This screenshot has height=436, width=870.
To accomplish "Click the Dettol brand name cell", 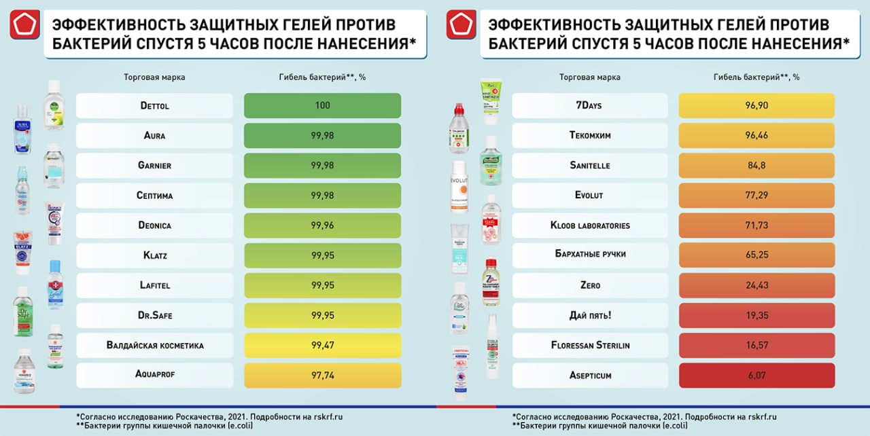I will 154,106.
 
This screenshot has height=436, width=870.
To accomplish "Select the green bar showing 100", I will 322,106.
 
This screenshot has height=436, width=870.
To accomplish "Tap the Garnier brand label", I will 154,166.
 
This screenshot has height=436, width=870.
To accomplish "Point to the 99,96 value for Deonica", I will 322,225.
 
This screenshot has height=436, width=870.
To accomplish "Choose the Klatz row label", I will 154,255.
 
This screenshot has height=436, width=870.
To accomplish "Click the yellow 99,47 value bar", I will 322,345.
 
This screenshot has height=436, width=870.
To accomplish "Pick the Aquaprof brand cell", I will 154,375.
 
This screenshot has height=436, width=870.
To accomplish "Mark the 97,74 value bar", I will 322,375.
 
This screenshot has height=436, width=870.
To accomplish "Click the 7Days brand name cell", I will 589,106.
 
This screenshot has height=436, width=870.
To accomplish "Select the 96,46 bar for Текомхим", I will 756,136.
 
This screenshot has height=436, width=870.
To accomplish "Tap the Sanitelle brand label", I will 589,166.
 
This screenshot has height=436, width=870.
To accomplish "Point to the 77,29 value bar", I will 756,196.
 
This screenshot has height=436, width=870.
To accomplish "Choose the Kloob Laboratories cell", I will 589,225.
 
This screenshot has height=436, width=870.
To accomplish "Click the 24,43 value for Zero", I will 756,285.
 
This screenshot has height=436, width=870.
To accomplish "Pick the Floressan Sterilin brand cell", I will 589,345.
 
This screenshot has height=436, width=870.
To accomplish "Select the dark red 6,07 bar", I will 756,375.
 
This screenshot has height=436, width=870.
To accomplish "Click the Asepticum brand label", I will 589,375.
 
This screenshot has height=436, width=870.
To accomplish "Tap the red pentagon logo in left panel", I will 22,24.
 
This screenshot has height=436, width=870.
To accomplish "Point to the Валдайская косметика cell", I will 154,345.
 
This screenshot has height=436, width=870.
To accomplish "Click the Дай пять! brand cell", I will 589,315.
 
